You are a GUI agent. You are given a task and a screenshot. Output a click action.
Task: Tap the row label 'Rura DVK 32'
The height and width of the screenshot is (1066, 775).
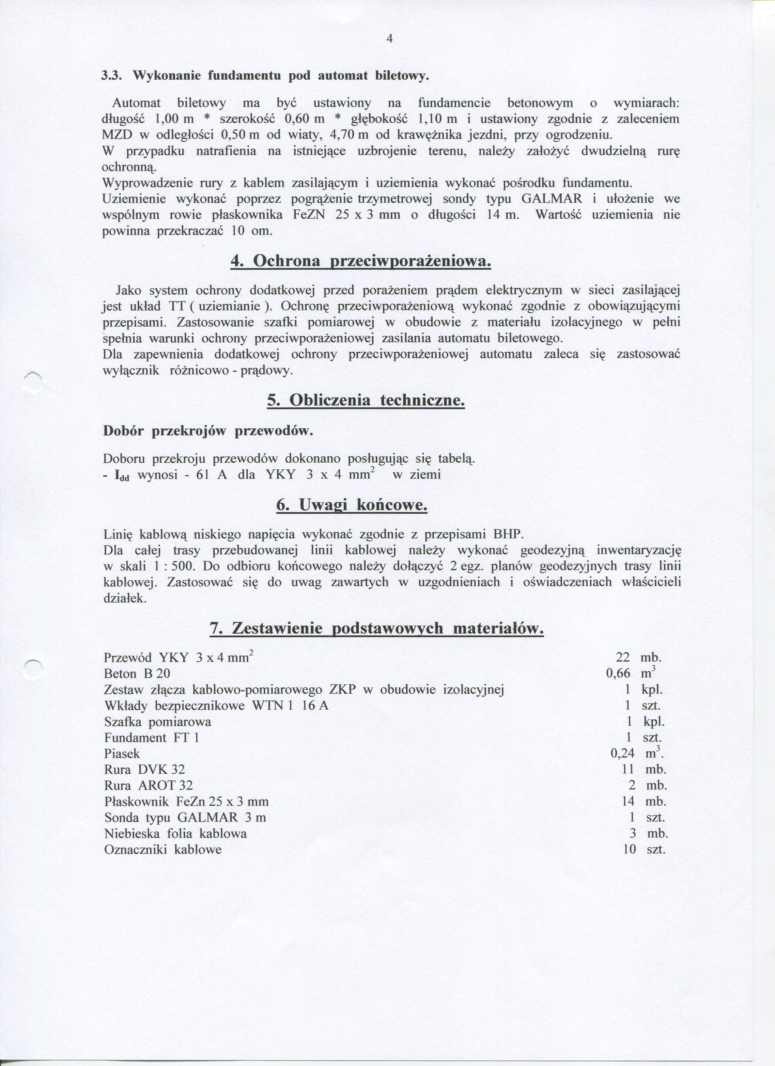coord(144,770)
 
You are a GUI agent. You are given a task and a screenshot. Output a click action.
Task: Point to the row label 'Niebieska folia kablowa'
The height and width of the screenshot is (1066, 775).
coord(175,833)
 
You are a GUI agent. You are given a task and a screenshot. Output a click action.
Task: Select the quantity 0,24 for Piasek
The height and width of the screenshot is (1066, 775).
coord(622,753)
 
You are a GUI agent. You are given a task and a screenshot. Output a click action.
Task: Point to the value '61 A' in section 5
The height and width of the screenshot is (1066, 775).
coord(211,475)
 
